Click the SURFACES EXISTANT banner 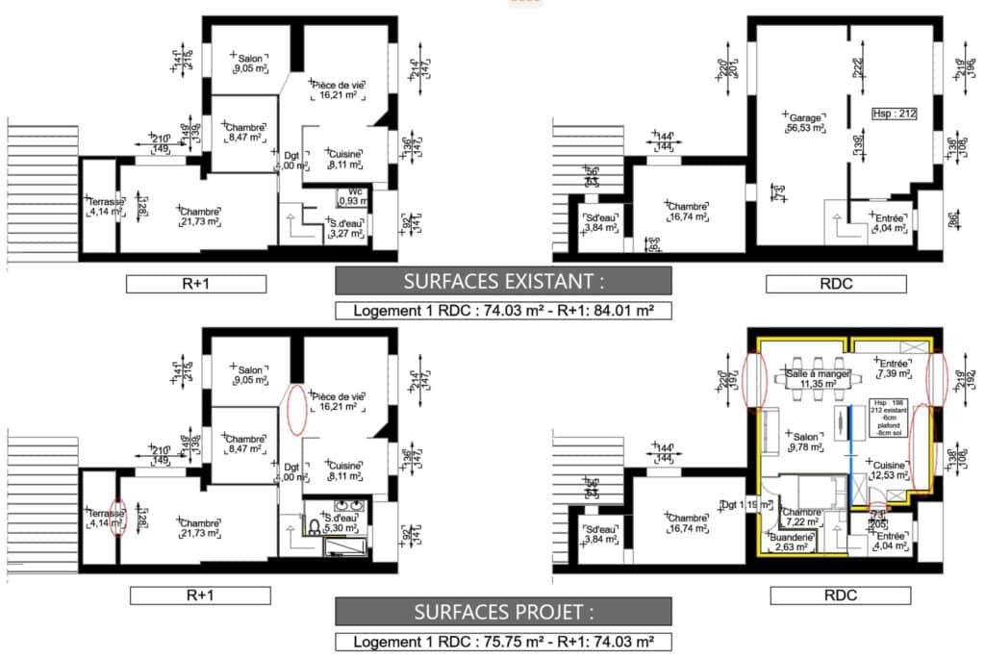[x=502, y=281]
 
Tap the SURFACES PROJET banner [x=502, y=612]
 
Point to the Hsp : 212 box [x=894, y=113]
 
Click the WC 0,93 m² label [x=356, y=196]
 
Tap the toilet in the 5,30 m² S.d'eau [x=315, y=525]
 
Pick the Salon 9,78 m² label [x=806, y=440]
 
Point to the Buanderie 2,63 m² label [x=794, y=543]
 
